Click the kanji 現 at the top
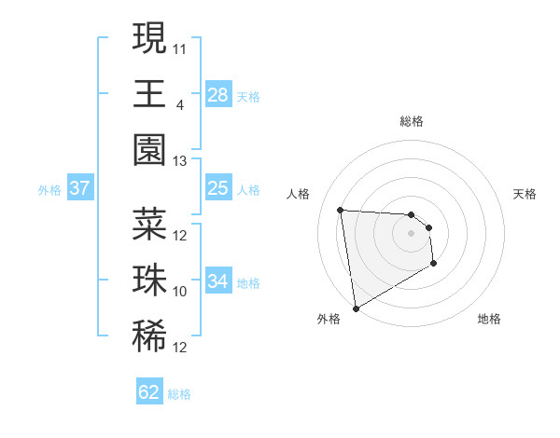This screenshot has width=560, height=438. click(x=149, y=39)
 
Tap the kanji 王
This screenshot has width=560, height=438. click(x=149, y=94)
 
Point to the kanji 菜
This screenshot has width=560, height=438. click(x=149, y=225)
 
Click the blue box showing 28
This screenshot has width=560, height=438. click(x=217, y=94)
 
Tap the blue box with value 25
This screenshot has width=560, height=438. click(x=217, y=188)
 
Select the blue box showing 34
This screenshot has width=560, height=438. click(x=217, y=281)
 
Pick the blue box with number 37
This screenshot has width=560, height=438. click(x=79, y=188)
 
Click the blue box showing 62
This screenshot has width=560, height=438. click(x=149, y=392)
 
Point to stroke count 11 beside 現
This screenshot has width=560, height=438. click(x=181, y=47)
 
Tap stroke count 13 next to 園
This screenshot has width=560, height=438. click(x=180, y=161)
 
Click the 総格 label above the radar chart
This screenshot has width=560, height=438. click(x=412, y=121)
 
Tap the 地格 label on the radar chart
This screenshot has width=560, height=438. click(x=489, y=319)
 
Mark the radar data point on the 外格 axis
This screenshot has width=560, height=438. click(x=356, y=308)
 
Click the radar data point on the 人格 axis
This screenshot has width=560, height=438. click(x=341, y=210)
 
